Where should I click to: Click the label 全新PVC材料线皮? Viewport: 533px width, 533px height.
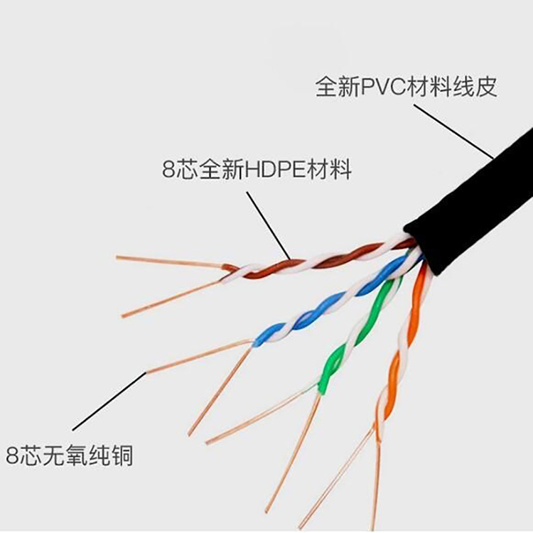[406, 87]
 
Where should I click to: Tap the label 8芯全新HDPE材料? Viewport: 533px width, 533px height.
[257, 171]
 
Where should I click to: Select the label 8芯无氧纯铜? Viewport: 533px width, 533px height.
[69, 456]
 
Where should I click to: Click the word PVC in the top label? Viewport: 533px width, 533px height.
[383, 87]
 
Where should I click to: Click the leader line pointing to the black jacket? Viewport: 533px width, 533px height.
[453, 132]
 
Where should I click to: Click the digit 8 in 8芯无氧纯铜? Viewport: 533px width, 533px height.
[12, 456]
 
